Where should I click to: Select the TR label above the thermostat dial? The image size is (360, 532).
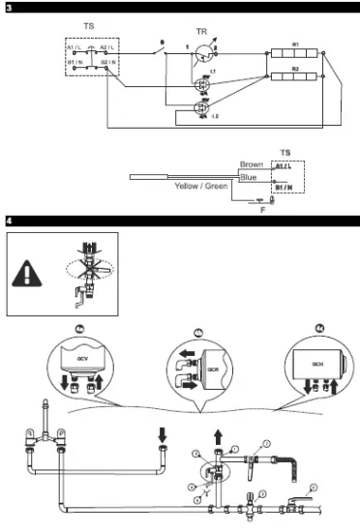pos(201,31)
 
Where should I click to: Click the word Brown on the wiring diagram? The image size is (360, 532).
pos(251,165)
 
